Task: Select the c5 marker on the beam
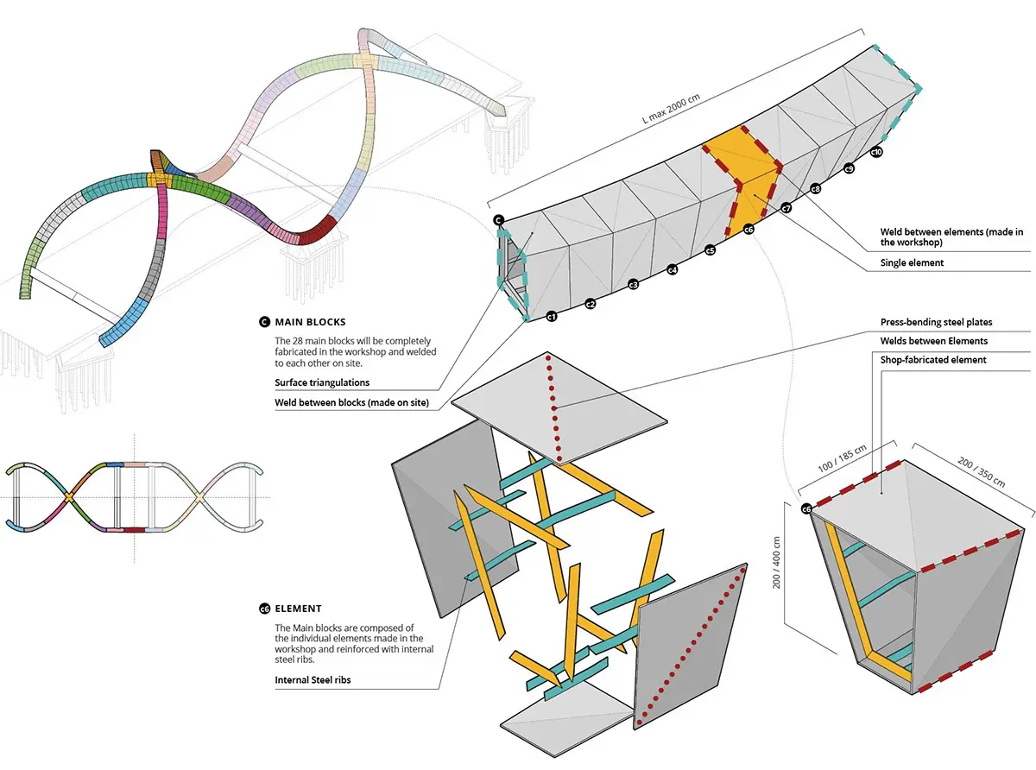pyautogui.click(x=710, y=251)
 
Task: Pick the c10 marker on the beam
pyautogui.click(x=876, y=153)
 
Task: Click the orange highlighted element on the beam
pyautogui.click(x=742, y=181)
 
